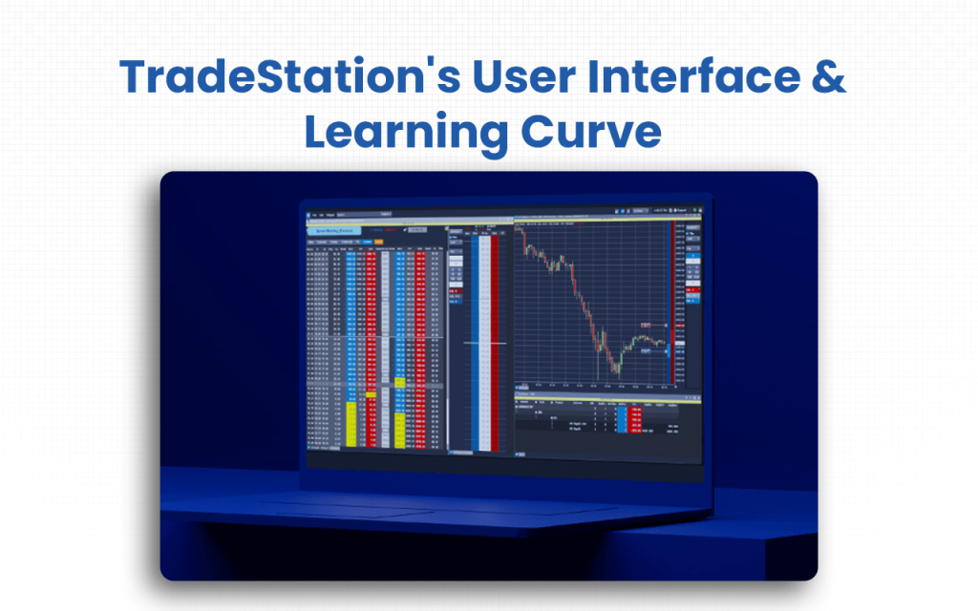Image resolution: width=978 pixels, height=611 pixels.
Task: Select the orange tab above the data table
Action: [x=379, y=242]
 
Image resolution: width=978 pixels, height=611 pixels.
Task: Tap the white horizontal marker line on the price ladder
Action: [x=485, y=341]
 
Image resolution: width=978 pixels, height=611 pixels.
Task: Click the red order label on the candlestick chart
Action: [x=646, y=326]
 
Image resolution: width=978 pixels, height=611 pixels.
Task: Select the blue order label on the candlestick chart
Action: [x=646, y=351]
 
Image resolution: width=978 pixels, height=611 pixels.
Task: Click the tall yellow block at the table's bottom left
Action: [x=351, y=425]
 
